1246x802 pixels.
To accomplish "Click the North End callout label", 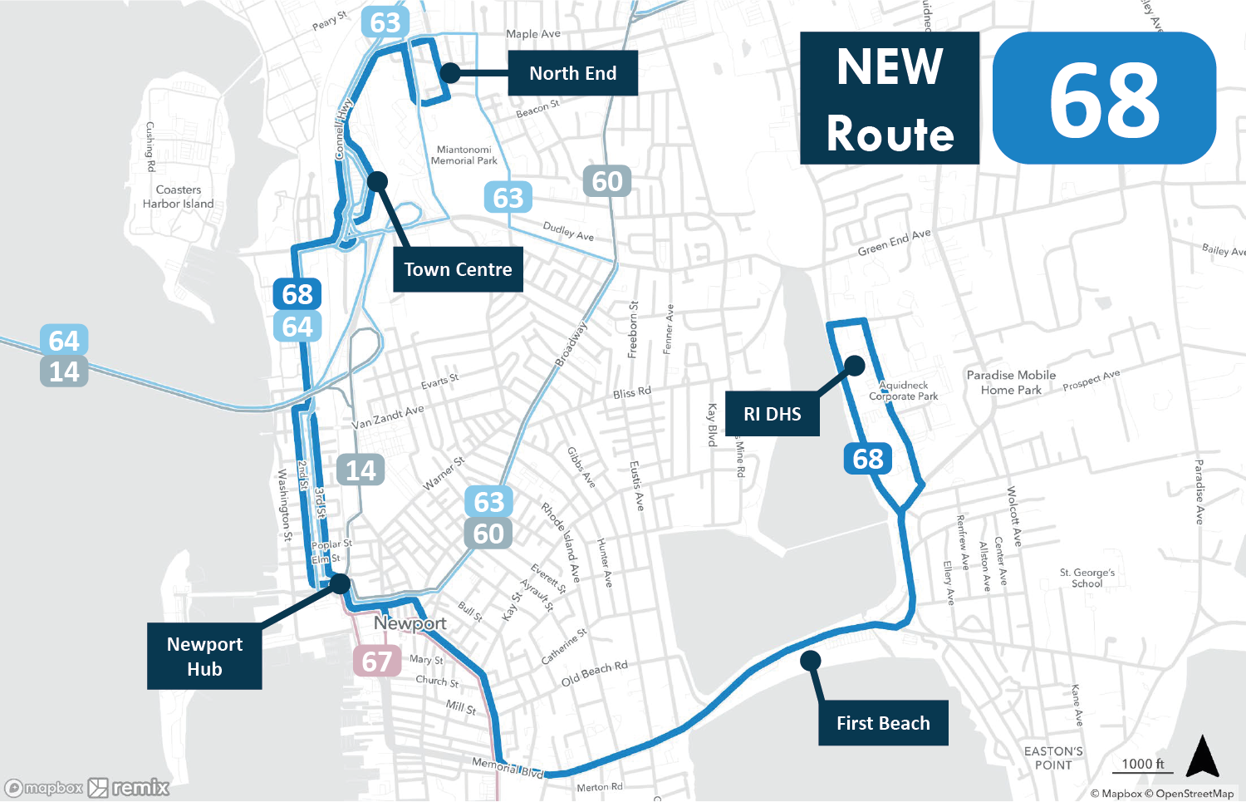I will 572,73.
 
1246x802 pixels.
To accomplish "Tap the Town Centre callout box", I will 458,269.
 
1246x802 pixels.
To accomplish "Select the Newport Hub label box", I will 204,657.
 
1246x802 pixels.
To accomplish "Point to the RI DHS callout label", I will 773,414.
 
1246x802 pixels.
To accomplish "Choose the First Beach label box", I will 883,723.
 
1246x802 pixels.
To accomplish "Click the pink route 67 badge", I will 377,662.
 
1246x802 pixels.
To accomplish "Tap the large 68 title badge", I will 1104,98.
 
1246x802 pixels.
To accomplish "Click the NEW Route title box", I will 890,98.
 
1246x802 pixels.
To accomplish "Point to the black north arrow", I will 1202,756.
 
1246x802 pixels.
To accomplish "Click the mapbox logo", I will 45,788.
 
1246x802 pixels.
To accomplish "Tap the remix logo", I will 130,788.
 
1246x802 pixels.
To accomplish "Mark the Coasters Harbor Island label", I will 178,197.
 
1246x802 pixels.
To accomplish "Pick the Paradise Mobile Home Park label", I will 1011,382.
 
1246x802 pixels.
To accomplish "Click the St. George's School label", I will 1087,578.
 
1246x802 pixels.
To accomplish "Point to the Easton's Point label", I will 1053,758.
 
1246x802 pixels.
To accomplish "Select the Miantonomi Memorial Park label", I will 464,155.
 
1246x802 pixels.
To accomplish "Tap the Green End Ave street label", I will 894,243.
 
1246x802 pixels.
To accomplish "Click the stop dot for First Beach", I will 811,661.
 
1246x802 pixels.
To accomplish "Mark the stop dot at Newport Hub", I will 340,584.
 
